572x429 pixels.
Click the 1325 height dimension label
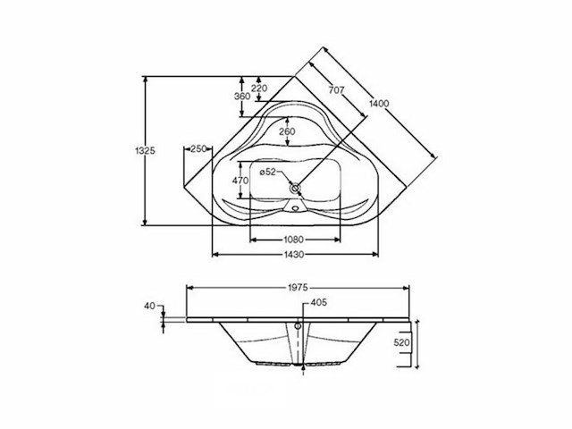pyautogui.click(x=145, y=151)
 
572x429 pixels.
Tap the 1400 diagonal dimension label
pyautogui.click(x=379, y=104)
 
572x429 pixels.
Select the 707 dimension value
pyautogui.click(x=336, y=89)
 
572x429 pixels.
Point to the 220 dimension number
pyautogui.click(x=259, y=88)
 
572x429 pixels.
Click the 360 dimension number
pyautogui.click(x=242, y=97)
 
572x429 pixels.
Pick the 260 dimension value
pyautogui.click(x=287, y=131)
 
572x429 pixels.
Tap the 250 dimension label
pyautogui.click(x=198, y=149)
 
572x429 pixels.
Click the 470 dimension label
pyautogui.click(x=240, y=181)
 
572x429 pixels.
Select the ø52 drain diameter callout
pyautogui.click(x=267, y=172)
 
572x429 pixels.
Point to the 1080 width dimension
pyautogui.click(x=294, y=240)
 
